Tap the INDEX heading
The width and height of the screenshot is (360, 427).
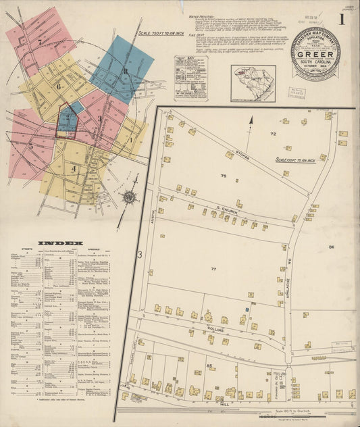pyautogui.click(x=60, y=243)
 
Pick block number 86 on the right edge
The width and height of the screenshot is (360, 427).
pyautogui.click(x=332, y=248)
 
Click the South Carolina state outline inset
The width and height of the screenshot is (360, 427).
pyautogui.click(x=253, y=82)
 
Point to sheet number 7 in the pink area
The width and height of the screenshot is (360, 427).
pyautogui.click(x=41, y=42)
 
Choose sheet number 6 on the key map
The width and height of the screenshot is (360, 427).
pyautogui.click(x=59, y=86)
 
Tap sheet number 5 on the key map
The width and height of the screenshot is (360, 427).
pyautogui.click(x=30, y=145)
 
